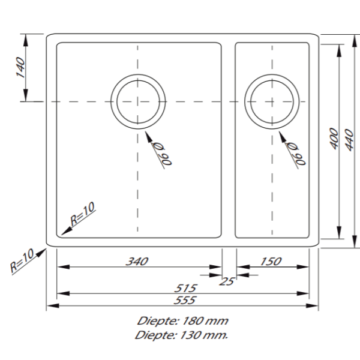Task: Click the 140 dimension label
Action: (x=19, y=68)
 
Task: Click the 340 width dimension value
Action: (x=137, y=261)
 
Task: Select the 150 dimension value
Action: (x=271, y=261)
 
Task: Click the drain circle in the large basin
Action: (x=137, y=101)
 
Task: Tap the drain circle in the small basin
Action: (x=272, y=101)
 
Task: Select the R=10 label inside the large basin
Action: (x=83, y=215)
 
